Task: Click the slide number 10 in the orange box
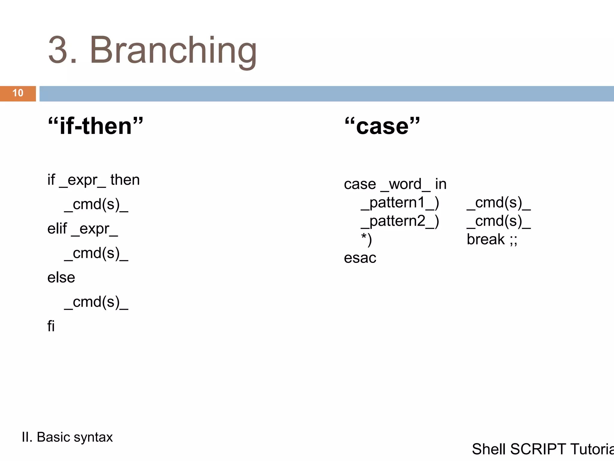coord(18,93)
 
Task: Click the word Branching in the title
coord(173,50)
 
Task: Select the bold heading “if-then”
coord(95,126)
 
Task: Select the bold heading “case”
coord(382,126)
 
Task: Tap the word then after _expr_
coord(125,180)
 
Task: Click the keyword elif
coord(57,229)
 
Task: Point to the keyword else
coord(61,278)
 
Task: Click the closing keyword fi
coord(51,326)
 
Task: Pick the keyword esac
coord(360,258)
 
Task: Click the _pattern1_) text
coord(400,203)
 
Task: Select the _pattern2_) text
coord(400,221)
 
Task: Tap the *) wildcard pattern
coord(366,240)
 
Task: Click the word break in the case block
coord(486,240)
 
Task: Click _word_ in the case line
coord(405,184)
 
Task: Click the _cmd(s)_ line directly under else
coord(96,302)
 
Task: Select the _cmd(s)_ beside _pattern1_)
coord(499,203)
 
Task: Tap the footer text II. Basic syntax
coord(67,437)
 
